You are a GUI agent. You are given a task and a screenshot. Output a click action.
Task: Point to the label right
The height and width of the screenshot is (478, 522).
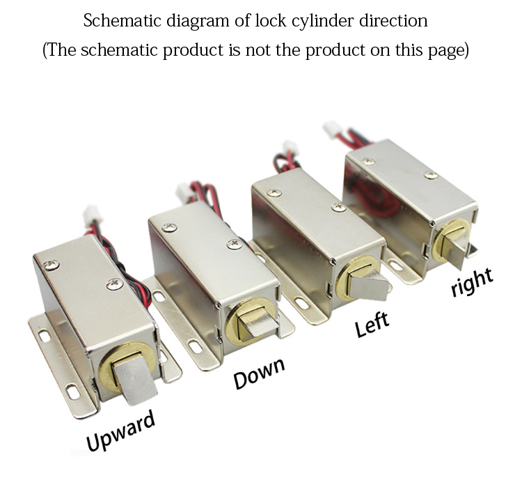tap(472, 281)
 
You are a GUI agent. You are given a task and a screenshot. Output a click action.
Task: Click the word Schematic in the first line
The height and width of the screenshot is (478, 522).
tap(122, 21)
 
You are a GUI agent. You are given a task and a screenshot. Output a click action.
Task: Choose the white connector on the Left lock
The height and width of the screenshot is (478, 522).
tap(288, 148)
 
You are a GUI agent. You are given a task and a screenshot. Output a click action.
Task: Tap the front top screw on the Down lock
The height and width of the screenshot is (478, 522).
tap(232, 244)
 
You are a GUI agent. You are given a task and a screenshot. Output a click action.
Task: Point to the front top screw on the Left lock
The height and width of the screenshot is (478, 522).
tap(339, 207)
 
